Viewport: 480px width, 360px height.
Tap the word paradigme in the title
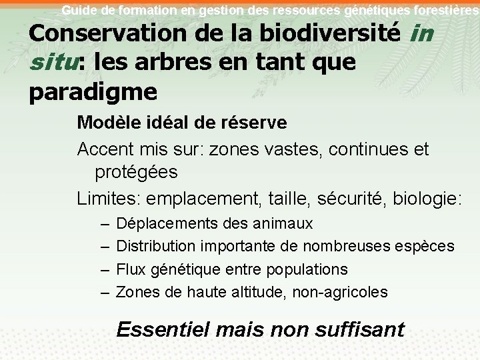click(x=93, y=92)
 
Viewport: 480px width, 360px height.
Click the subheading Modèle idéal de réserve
click(x=182, y=123)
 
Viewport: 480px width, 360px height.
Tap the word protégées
click(x=136, y=172)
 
